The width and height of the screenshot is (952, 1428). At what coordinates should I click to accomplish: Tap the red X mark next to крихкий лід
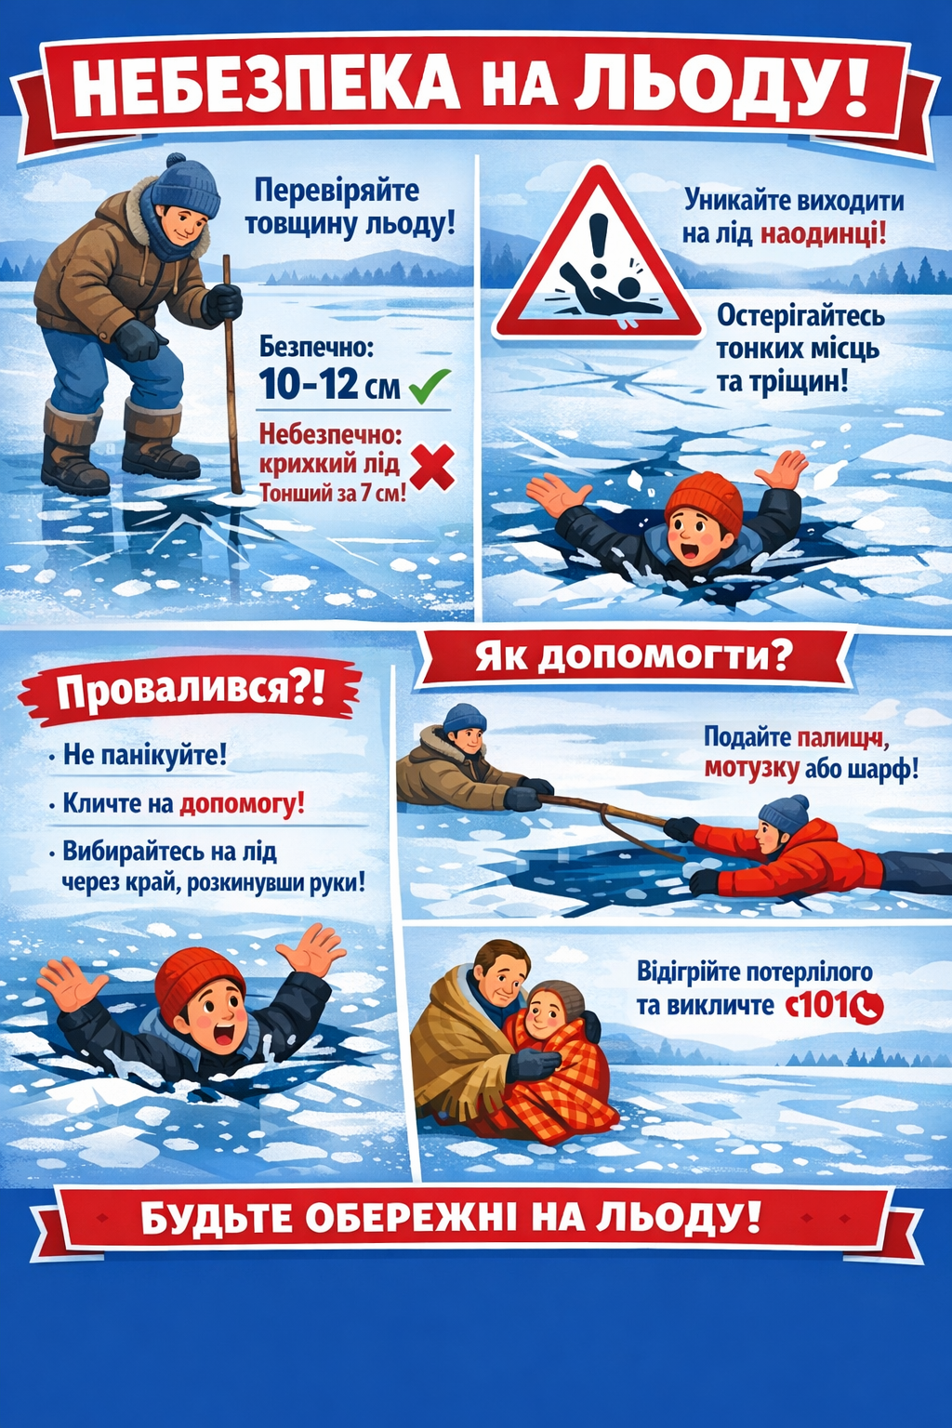point(431,467)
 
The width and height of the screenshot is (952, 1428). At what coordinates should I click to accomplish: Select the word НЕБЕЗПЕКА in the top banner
point(265,86)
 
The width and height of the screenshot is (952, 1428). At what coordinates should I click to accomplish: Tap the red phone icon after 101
point(869,1007)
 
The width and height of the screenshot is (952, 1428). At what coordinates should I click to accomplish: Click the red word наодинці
point(823,233)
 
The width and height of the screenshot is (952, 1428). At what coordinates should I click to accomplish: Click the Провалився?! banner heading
point(191,692)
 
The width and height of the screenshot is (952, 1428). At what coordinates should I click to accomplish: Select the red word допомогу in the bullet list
point(241,803)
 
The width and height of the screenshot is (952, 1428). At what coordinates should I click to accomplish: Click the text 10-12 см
point(329,385)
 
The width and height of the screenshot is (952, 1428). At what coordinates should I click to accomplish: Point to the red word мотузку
point(751,769)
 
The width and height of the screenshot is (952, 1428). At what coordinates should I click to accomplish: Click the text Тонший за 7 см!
point(332,493)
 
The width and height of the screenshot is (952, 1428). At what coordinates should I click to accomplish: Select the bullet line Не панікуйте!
point(144,754)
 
